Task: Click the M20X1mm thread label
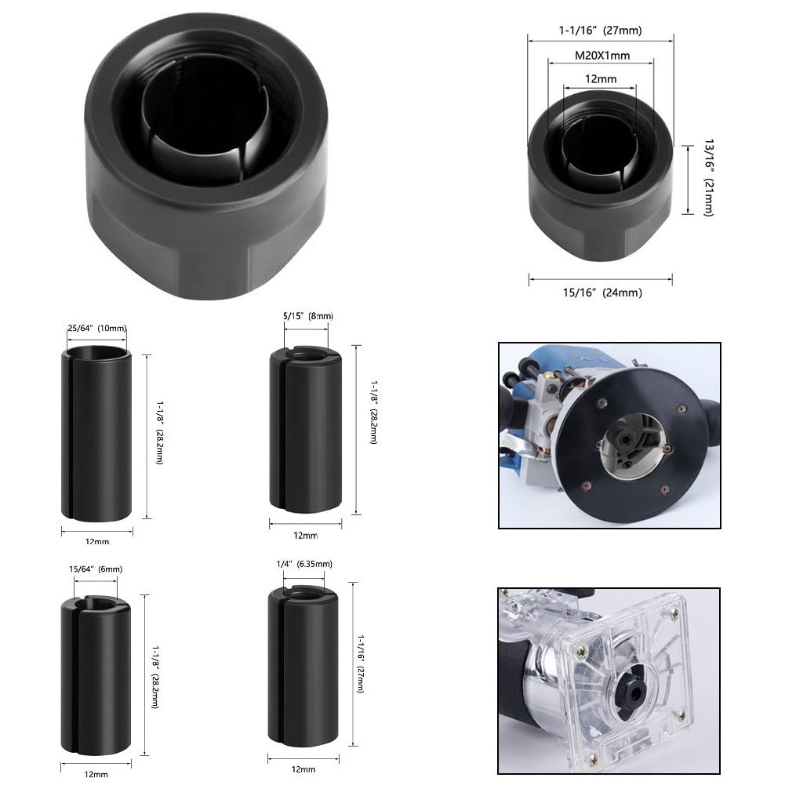(600, 56)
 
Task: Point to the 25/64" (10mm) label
(96, 328)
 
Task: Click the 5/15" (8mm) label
(308, 315)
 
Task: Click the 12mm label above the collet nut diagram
(600, 79)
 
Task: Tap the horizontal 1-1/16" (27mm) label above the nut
(600, 31)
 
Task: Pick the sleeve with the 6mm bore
(96, 671)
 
